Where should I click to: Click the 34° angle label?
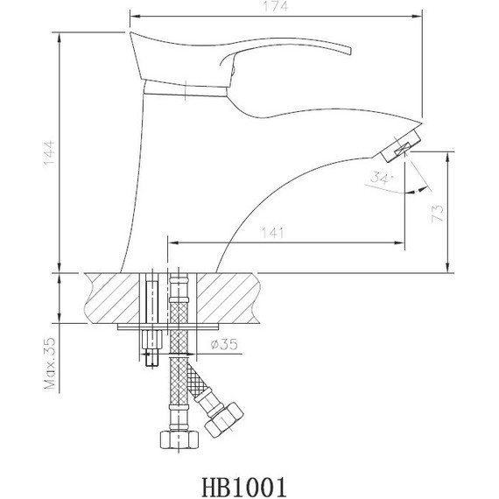pos(383,179)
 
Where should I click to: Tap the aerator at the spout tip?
pos(400,146)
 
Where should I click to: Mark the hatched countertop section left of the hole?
pos(114,298)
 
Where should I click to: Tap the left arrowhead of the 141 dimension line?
pos(171,242)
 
